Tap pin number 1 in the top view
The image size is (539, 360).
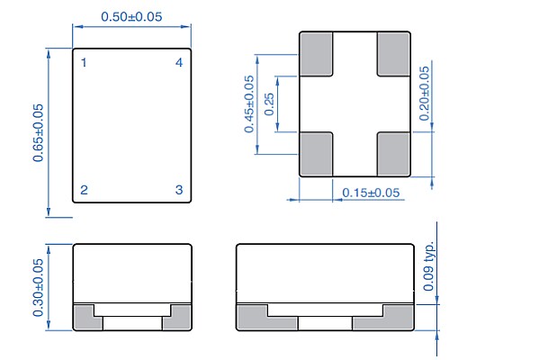coord(84,63)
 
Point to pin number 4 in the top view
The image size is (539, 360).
coord(179,63)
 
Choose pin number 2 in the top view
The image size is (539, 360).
coord(84,190)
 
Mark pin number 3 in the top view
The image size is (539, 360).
coord(179,190)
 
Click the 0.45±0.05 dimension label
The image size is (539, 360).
coord(249,103)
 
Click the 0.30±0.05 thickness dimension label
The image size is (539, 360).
coord(39,287)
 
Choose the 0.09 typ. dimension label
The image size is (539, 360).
coord(429,267)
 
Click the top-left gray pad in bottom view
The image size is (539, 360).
coord(316,53)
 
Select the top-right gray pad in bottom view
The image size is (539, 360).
coord(392,53)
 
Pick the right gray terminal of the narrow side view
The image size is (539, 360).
coord(181,317)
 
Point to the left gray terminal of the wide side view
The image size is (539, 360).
coord(254,317)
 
